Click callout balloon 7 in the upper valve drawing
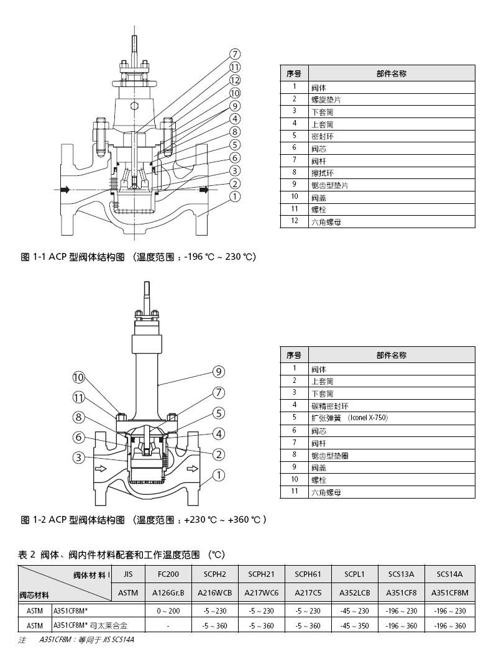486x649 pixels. click(x=235, y=54)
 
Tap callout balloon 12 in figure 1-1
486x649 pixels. click(x=235, y=80)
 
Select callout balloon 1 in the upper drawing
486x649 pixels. click(x=235, y=196)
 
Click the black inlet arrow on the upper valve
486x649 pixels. click(x=65, y=190)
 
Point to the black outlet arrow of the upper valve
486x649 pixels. click(x=204, y=190)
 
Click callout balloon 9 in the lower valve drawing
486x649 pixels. click(x=219, y=372)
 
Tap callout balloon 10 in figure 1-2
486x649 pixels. click(x=79, y=377)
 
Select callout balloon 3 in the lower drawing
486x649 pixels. click(x=79, y=458)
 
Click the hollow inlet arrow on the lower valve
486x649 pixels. click(x=101, y=469)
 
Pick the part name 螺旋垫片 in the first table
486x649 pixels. click(x=326, y=99)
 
